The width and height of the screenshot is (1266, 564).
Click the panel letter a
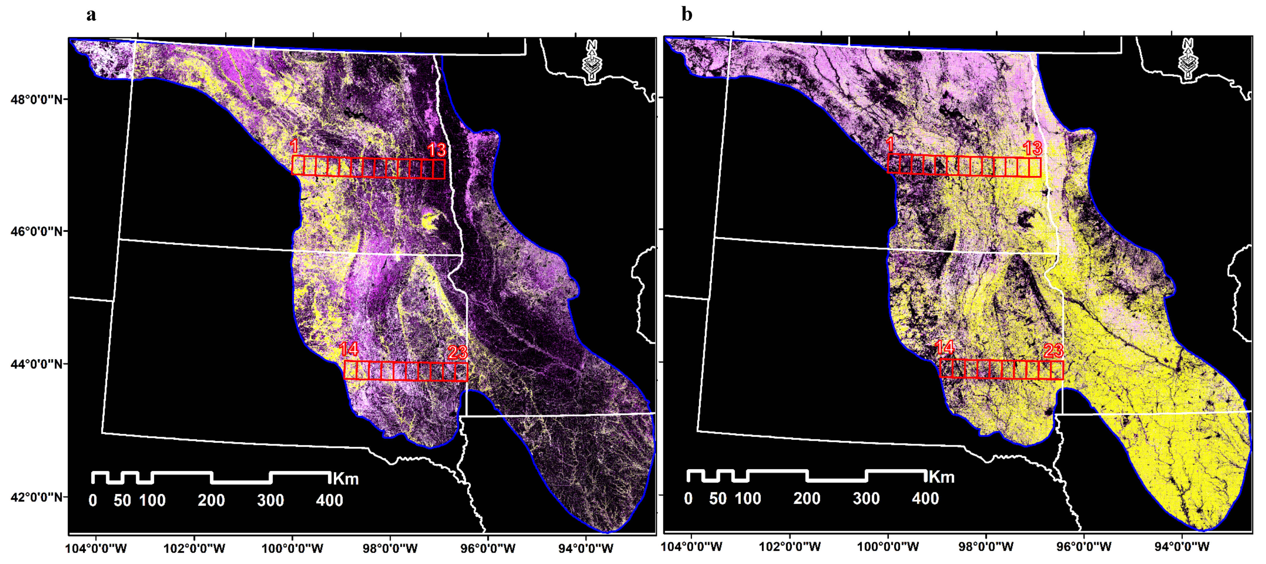91,15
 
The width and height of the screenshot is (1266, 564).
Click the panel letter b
686,15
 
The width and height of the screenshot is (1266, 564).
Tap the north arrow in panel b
1188,59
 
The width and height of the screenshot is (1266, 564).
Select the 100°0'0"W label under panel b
888,546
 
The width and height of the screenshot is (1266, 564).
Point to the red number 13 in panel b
1032,148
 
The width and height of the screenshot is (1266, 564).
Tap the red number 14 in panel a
349,349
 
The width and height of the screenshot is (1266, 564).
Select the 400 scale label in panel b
925,499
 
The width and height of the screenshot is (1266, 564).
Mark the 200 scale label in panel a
211,501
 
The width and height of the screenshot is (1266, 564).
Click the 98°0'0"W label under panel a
390,548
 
